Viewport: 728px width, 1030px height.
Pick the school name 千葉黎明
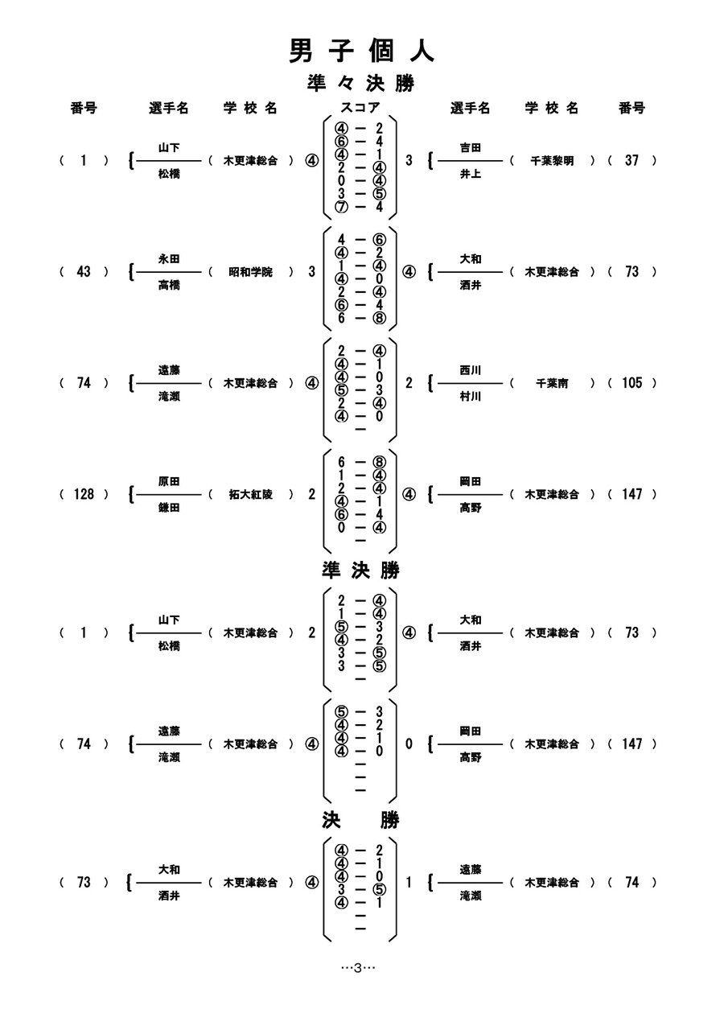pyautogui.click(x=552, y=161)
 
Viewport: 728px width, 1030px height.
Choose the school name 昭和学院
pyautogui.click(x=250, y=272)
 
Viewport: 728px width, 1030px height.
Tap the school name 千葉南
pyautogui.click(x=552, y=384)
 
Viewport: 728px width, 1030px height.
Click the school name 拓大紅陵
pyautogui.click(x=250, y=495)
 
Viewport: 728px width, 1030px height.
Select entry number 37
pyautogui.click(x=631, y=161)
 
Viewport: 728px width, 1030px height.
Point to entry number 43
pyautogui.click(x=84, y=272)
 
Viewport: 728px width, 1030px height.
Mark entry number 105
pyautogui.click(x=631, y=384)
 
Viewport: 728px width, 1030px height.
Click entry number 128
pyautogui.click(x=84, y=495)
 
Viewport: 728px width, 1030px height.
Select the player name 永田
pyautogui.click(x=169, y=258)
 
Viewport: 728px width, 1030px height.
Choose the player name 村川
pyautogui.click(x=471, y=397)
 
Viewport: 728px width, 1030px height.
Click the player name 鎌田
pyautogui.click(x=169, y=509)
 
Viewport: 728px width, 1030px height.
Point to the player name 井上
pyautogui.click(x=471, y=174)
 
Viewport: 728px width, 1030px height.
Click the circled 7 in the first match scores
pyautogui.click(x=342, y=207)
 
